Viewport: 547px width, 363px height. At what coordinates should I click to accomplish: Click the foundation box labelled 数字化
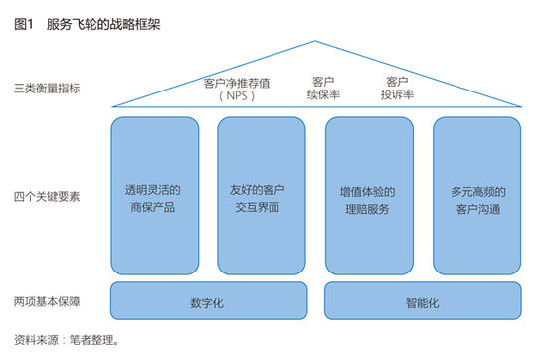(207, 301)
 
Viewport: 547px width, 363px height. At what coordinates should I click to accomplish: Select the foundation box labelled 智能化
(422, 301)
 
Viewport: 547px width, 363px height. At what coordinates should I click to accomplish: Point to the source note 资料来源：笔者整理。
(68, 339)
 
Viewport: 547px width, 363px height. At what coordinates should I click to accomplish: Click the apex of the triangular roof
(315, 42)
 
